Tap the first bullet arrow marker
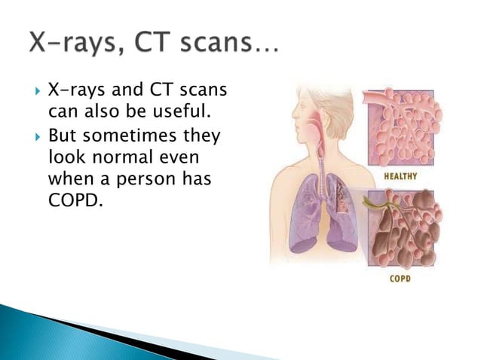pyautogui.click(x=37, y=93)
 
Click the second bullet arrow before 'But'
pyautogui.click(x=37, y=137)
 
